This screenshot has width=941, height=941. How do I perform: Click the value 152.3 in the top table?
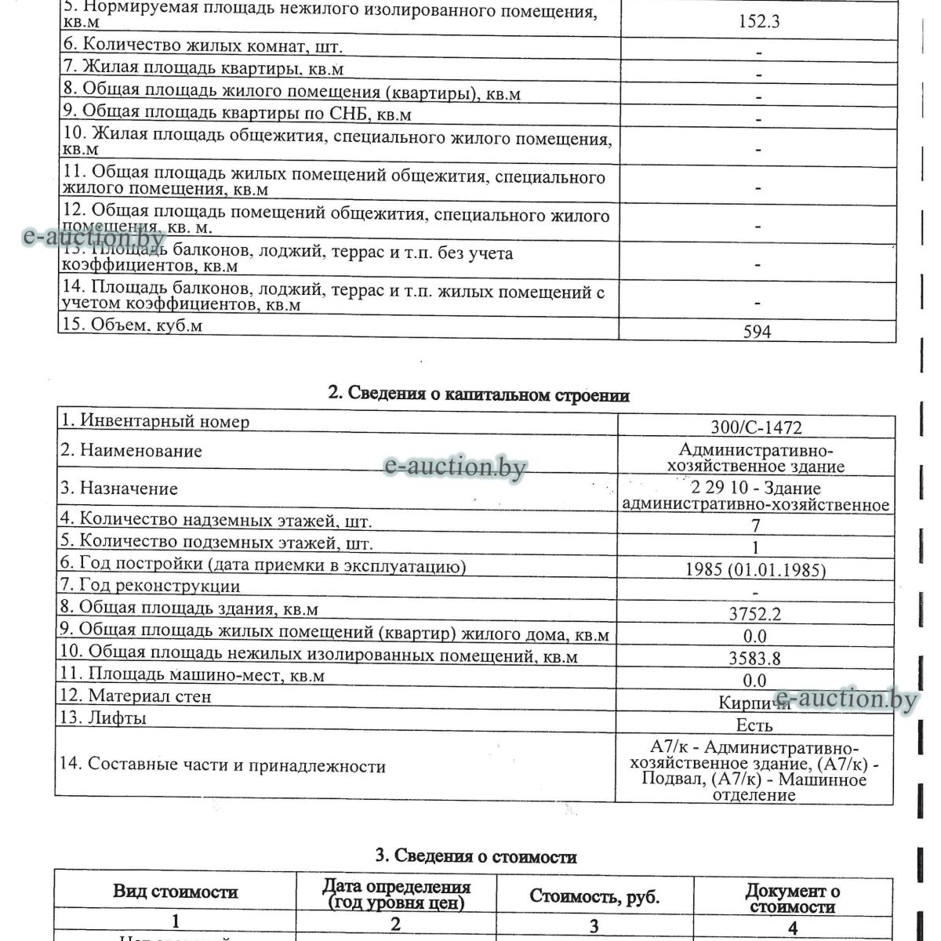click(x=758, y=21)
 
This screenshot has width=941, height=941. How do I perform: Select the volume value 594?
click(x=757, y=332)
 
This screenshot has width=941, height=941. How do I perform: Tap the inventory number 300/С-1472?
click(x=755, y=427)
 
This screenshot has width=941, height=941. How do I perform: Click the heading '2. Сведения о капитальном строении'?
click(x=478, y=394)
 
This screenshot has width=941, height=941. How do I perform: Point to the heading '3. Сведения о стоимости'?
click(x=476, y=856)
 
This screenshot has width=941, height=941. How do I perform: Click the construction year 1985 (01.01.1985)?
click(x=755, y=570)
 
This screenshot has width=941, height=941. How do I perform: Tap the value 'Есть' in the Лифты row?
click(x=754, y=725)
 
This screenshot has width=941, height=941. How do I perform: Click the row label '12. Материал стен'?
click(x=136, y=696)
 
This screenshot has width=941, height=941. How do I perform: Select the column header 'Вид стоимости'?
click(x=175, y=892)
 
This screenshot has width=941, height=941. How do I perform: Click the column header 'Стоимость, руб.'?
click(x=594, y=896)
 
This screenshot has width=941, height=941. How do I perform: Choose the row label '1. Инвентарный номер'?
click(x=155, y=422)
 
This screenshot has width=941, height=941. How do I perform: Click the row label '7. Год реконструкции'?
click(x=151, y=586)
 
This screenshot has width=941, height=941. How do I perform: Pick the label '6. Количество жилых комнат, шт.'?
click(x=202, y=46)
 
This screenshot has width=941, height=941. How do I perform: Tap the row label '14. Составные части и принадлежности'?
click(x=223, y=765)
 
